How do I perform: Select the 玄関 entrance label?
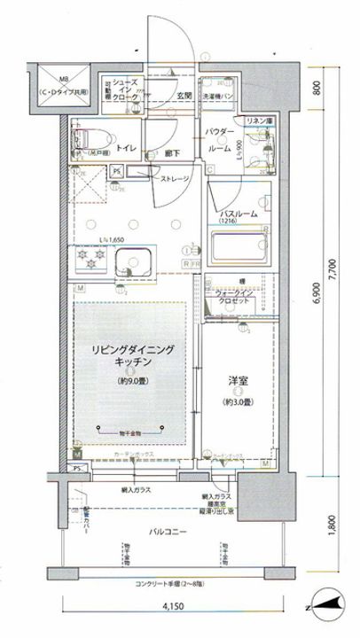(x=184, y=95)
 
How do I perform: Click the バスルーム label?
(x=239, y=214)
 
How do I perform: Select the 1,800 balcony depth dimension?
(x=331, y=527)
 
